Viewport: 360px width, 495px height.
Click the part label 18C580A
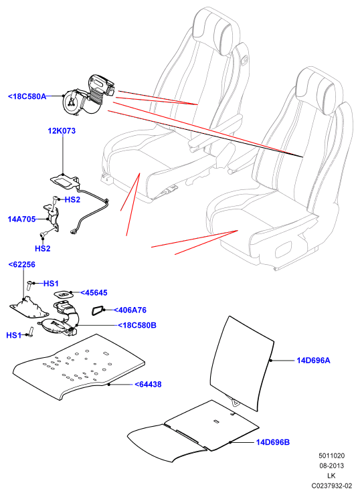[27, 96]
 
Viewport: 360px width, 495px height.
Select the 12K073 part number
[62, 130]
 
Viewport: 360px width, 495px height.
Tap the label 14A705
[21, 219]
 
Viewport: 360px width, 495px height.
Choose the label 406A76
[130, 310]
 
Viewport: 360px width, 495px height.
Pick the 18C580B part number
[137, 325]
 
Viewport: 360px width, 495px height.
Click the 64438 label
[148, 384]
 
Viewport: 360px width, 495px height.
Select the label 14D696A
[313, 360]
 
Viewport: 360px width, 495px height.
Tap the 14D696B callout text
[273, 442]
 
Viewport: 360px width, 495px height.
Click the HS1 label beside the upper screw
[51, 284]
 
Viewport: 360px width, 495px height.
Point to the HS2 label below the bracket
[43, 248]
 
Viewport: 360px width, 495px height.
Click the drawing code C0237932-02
[332, 485]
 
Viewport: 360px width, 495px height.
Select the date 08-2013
[332, 466]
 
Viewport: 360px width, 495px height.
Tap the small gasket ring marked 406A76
[98, 310]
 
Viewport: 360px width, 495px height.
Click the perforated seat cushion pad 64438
[79, 366]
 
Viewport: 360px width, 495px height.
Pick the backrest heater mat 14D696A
[242, 363]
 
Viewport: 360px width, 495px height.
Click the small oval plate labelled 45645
[64, 294]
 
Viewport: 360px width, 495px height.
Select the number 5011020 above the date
[332, 456]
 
